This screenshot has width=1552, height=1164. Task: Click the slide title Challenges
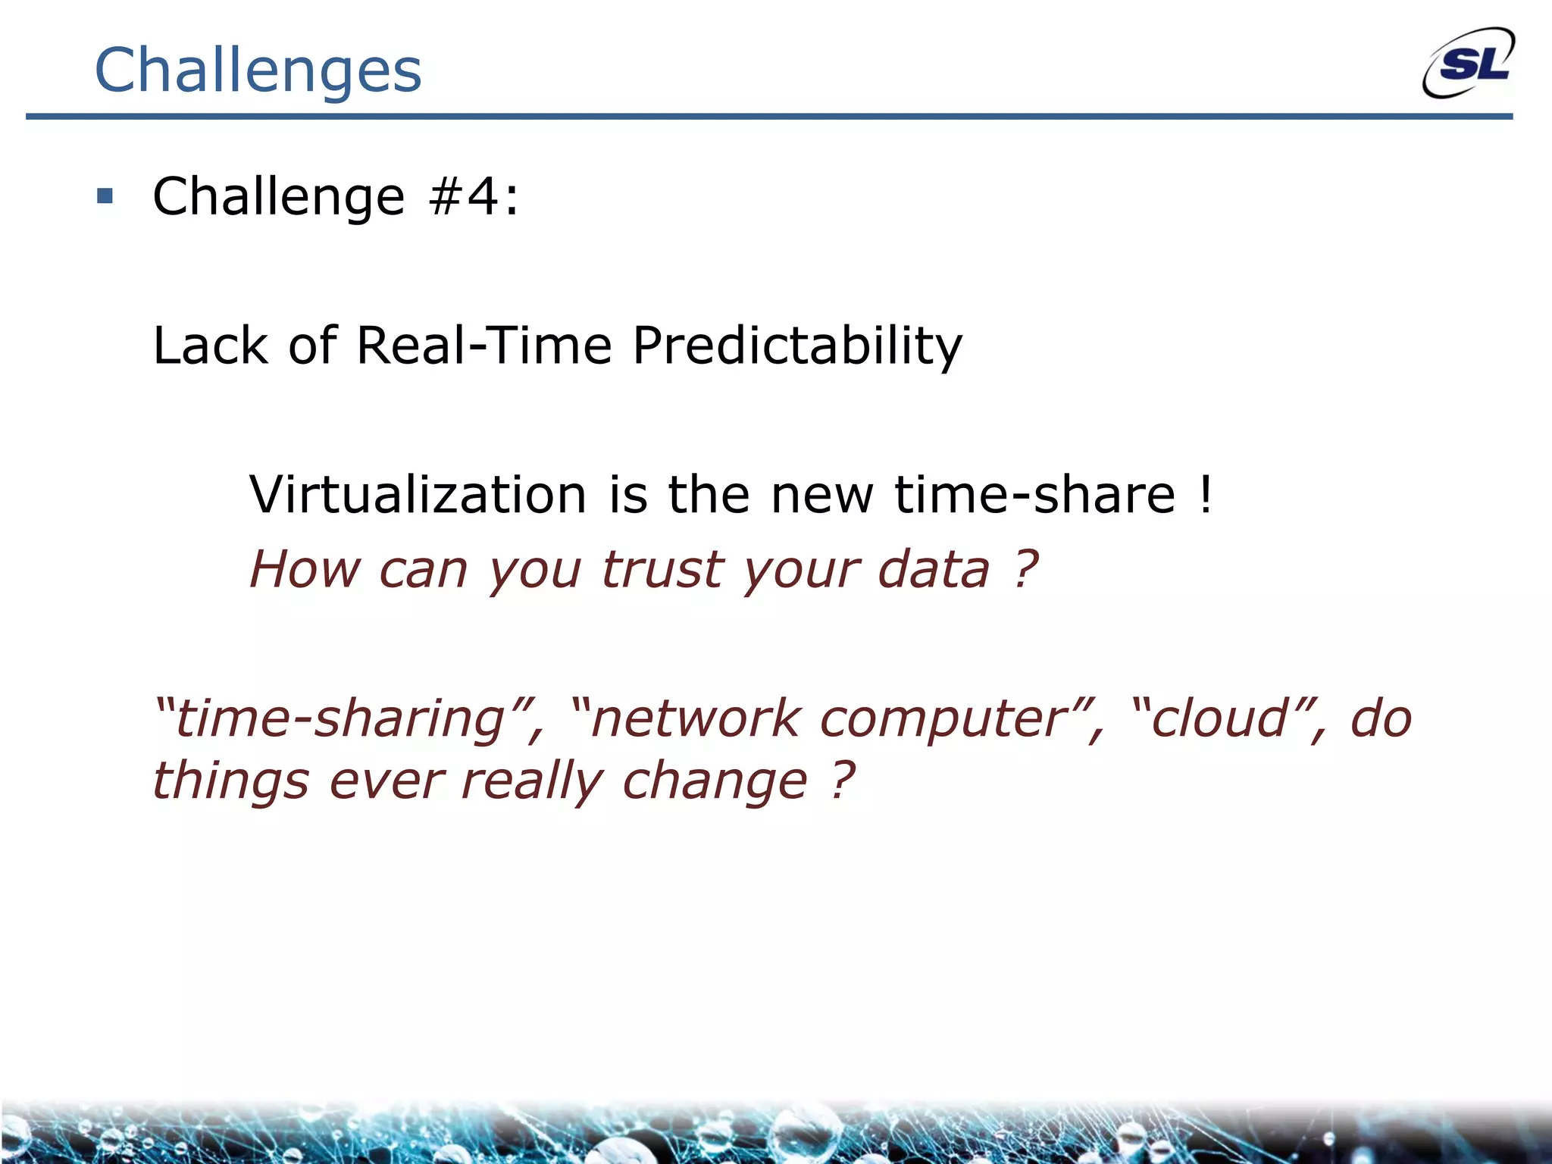click(258, 70)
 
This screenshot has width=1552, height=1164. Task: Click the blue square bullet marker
click(105, 197)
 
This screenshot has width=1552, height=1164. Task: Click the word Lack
click(211, 346)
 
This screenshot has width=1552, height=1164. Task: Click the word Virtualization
click(418, 495)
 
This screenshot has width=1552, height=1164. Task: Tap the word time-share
click(1034, 495)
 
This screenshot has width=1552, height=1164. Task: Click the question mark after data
click(1025, 568)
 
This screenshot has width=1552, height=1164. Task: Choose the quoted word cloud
click(1219, 719)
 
